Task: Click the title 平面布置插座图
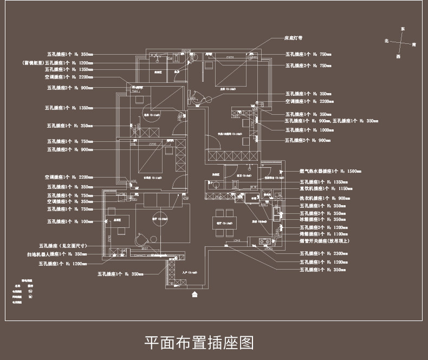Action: (199, 342)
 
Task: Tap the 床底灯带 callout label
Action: (294, 39)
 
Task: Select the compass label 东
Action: (402, 28)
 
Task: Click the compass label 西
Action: (398, 56)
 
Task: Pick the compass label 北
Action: (386, 41)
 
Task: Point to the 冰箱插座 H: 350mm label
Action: (315, 219)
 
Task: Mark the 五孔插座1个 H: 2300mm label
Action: (316, 253)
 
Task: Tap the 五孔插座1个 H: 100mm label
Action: (70, 221)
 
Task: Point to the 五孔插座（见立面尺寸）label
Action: (67, 245)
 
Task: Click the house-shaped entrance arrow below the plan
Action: (196, 295)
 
